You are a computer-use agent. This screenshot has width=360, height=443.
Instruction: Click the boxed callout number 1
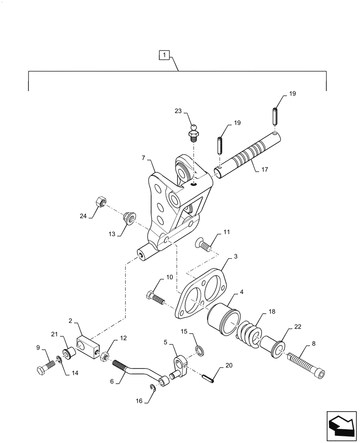[x=164, y=55]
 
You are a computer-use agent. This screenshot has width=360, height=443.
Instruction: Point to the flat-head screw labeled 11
[x=202, y=244]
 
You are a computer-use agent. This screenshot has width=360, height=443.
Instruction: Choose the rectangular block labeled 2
[x=88, y=348]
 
